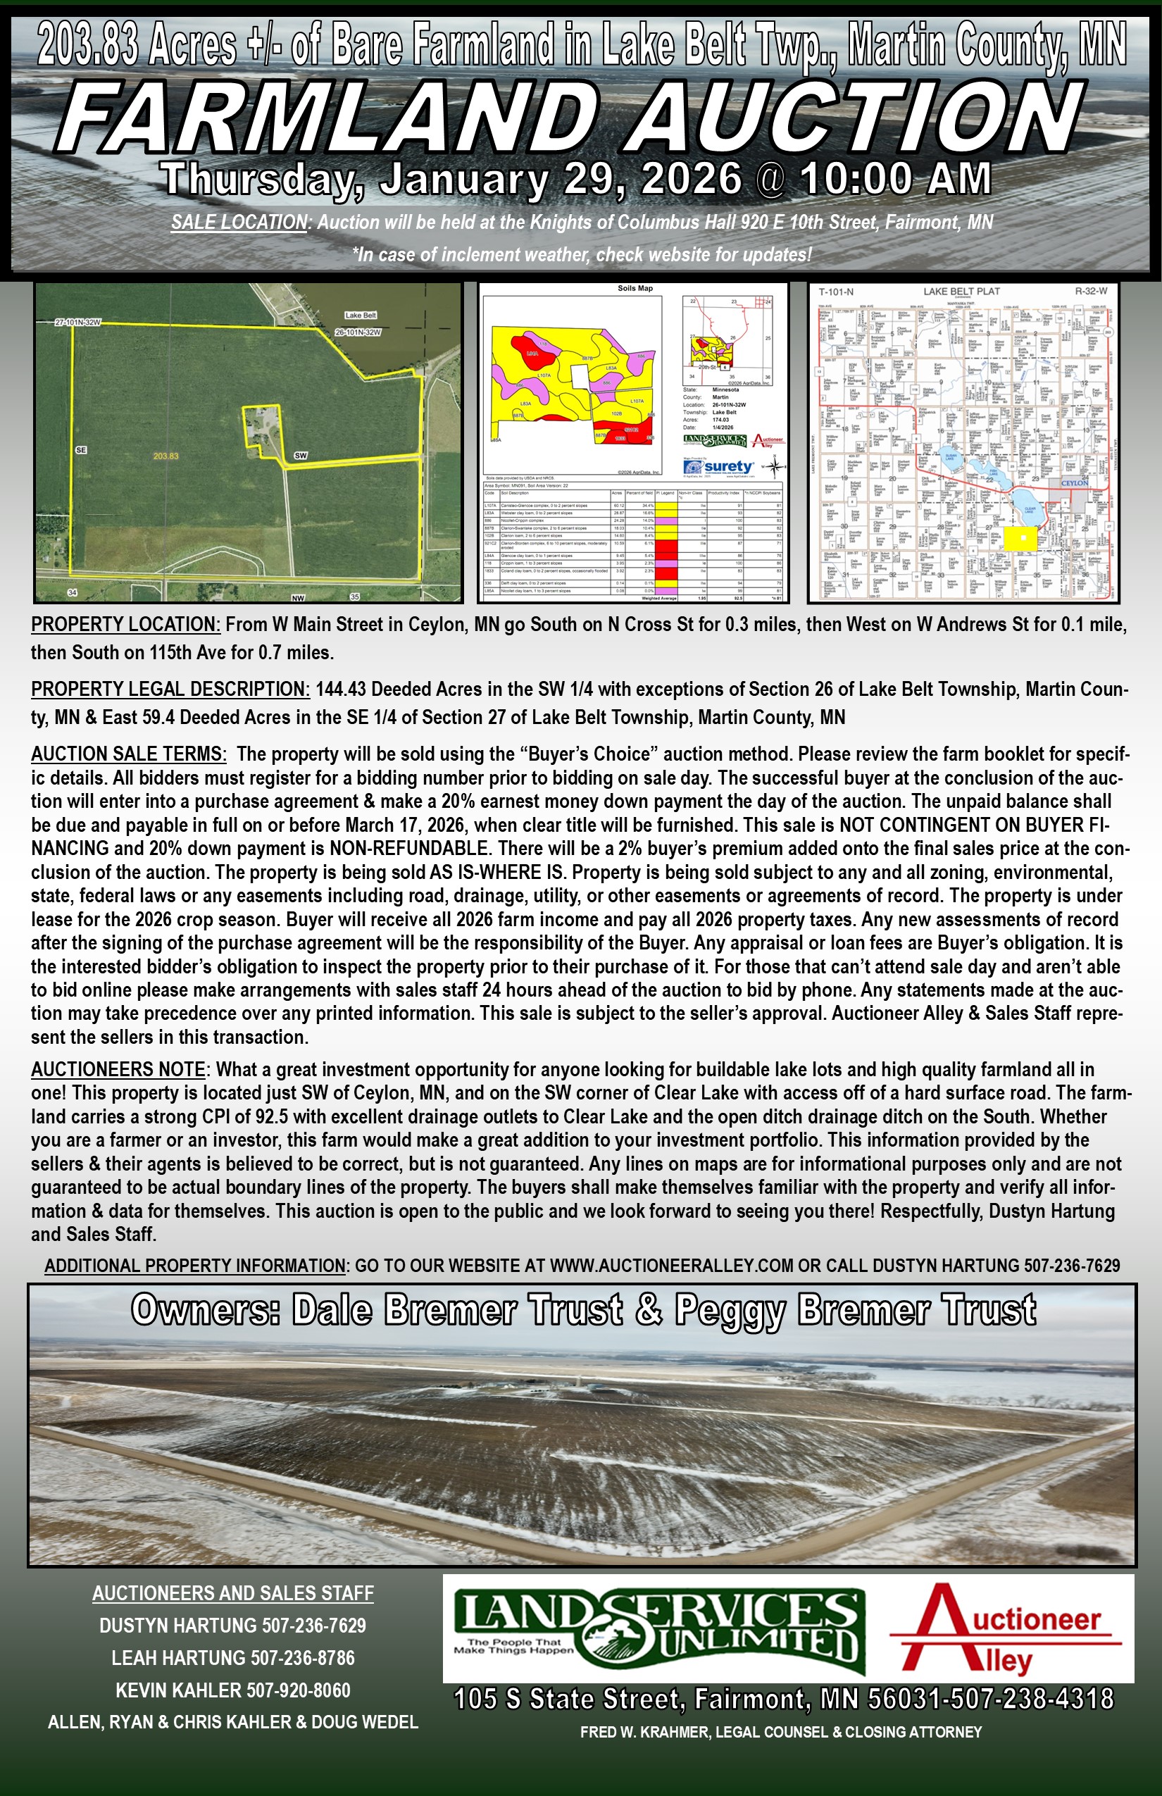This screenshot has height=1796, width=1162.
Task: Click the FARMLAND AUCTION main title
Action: click(573, 117)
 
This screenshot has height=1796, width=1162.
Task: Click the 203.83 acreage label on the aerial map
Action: click(165, 456)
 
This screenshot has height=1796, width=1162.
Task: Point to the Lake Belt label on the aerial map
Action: click(360, 315)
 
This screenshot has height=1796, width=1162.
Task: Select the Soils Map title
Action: click(635, 288)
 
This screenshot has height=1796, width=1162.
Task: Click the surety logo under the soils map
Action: click(719, 466)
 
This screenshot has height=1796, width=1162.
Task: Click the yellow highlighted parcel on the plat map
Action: click(1022, 538)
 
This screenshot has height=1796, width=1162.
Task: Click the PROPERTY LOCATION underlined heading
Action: click(125, 625)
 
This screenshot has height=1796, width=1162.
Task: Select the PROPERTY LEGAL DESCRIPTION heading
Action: click(170, 689)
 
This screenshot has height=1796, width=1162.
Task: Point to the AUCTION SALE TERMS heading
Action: click(128, 754)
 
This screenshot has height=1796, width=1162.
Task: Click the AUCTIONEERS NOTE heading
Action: click(118, 1069)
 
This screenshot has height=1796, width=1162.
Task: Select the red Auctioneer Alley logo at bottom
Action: click(1006, 1630)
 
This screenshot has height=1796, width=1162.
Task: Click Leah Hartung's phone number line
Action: click(232, 1658)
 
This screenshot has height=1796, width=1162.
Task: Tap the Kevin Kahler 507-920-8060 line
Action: click(232, 1690)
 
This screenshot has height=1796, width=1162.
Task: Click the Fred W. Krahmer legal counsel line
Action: click(781, 1732)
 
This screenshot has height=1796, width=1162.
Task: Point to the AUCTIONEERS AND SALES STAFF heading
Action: click(232, 1593)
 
